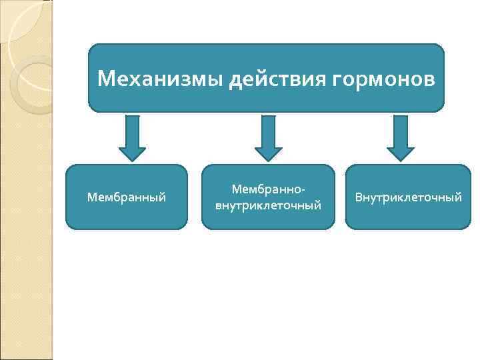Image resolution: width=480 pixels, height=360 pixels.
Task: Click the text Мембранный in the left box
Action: (127, 197)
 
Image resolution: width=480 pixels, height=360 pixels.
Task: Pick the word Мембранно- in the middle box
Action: (268, 190)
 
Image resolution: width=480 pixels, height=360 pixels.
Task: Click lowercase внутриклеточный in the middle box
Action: (268, 205)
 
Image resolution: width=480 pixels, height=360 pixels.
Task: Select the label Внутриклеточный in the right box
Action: (408, 197)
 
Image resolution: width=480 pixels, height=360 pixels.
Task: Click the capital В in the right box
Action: (359, 197)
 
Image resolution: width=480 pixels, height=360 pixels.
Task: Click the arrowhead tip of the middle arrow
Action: (268, 159)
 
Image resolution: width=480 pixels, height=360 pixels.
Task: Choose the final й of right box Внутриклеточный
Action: (458, 197)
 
